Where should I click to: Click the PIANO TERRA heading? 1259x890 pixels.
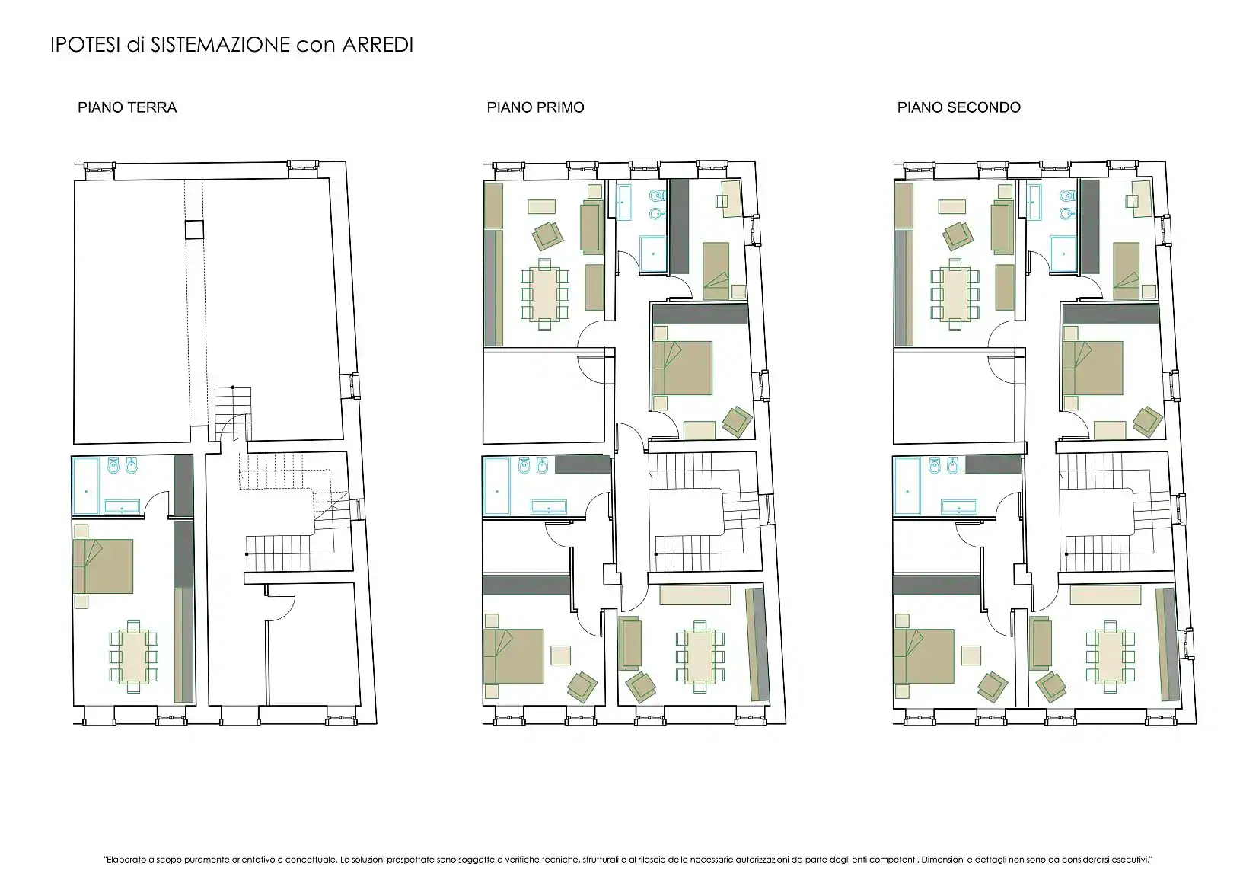point(127,107)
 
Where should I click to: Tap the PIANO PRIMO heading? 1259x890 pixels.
point(535,107)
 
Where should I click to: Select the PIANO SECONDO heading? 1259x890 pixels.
point(959,107)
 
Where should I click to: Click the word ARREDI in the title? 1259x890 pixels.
point(378,45)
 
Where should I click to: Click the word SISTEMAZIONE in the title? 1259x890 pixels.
point(220,45)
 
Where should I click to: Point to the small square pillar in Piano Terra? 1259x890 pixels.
point(194,230)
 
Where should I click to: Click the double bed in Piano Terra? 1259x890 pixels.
point(104,566)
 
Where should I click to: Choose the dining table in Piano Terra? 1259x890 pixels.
point(134,657)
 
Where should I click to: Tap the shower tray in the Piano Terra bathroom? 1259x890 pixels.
point(86,486)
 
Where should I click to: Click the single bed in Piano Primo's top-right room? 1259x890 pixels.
point(716,271)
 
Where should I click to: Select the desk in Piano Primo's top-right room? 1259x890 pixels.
point(731,199)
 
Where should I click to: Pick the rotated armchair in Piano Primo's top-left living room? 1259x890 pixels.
point(547,235)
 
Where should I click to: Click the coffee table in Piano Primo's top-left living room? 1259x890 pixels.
point(541,206)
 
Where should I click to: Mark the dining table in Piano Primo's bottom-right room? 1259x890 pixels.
point(700,656)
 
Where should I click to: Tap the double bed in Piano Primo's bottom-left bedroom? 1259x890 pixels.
point(514,656)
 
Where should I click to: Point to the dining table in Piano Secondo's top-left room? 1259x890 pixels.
point(955,294)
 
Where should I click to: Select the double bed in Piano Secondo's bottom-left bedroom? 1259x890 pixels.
point(924,656)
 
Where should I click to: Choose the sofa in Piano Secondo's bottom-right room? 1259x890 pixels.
point(1041,643)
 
